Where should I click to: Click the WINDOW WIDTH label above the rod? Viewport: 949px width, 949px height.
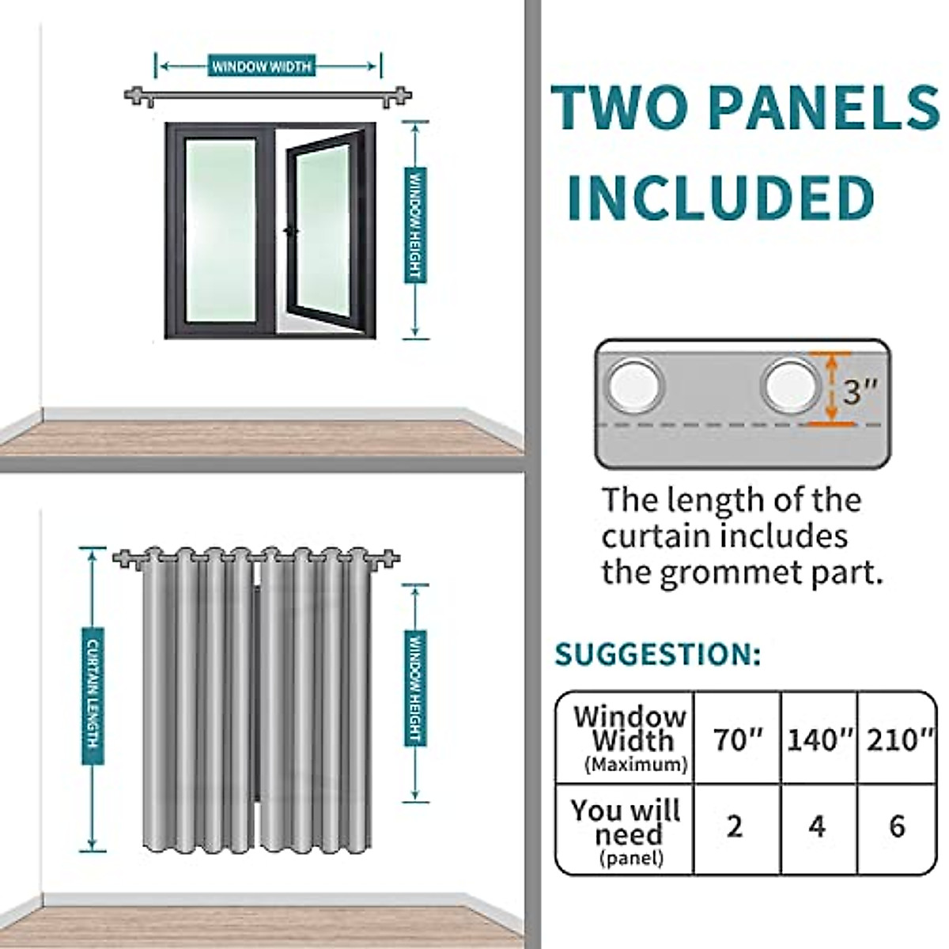click(x=262, y=66)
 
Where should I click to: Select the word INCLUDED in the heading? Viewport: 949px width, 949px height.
click(x=720, y=197)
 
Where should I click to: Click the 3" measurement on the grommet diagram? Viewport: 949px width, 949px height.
click(x=860, y=390)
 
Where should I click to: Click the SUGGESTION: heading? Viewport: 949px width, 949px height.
click(x=657, y=655)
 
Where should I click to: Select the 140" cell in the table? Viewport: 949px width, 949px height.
click(x=820, y=739)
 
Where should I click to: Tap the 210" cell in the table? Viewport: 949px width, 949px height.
click(x=898, y=739)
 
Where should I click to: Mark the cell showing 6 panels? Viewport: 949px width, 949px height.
click(x=897, y=827)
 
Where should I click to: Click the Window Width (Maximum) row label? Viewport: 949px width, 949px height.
click(x=630, y=739)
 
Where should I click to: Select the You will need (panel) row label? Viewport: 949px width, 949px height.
click(x=626, y=830)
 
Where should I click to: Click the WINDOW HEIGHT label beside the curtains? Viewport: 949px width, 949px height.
click(x=415, y=688)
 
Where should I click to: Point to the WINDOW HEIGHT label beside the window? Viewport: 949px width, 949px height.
click(x=415, y=225)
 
